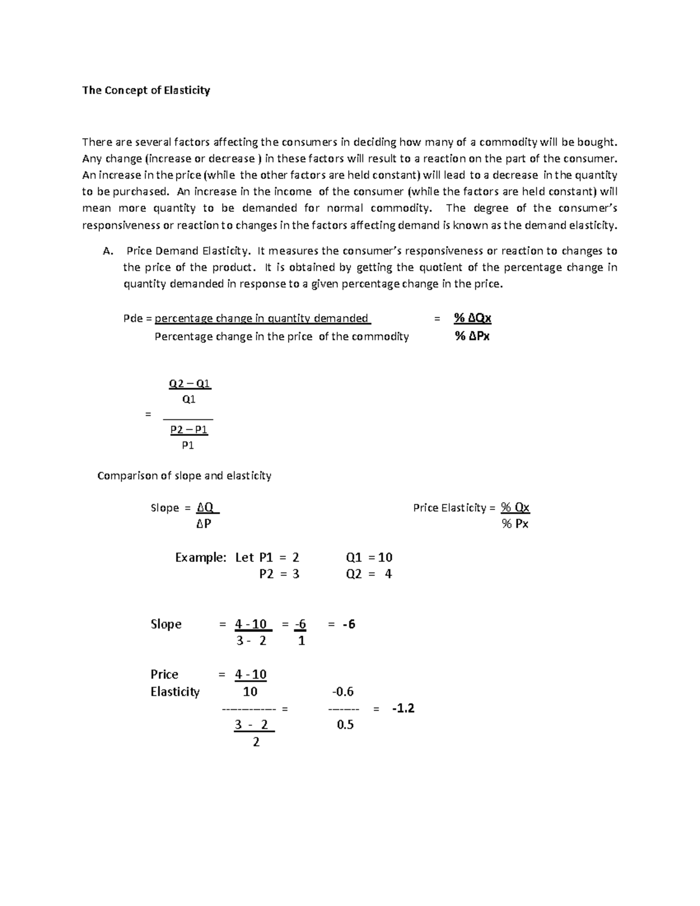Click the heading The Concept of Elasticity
tap(146, 90)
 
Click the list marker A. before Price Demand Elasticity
tap(107, 251)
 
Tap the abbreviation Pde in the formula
tap(131, 319)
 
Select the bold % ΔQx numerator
tap(473, 318)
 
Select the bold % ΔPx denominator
tap(472, 337)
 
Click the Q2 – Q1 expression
tap(190, 384)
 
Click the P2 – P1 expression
tap(189, 430)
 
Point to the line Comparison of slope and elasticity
tap(184, 475)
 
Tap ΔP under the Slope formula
tap(204, 524)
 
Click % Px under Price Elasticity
tap(514, 524)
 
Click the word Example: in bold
tap(200, 557)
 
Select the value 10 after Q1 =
tap(385, 557)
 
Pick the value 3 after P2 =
tap(296, 574)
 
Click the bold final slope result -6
tap(349, 624)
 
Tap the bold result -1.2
tap(403, 708)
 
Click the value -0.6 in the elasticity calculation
tap(343, 692)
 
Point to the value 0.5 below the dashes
tap(345, 725)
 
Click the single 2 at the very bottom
tap(256, 742)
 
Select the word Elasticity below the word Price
tap(175, 692)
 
